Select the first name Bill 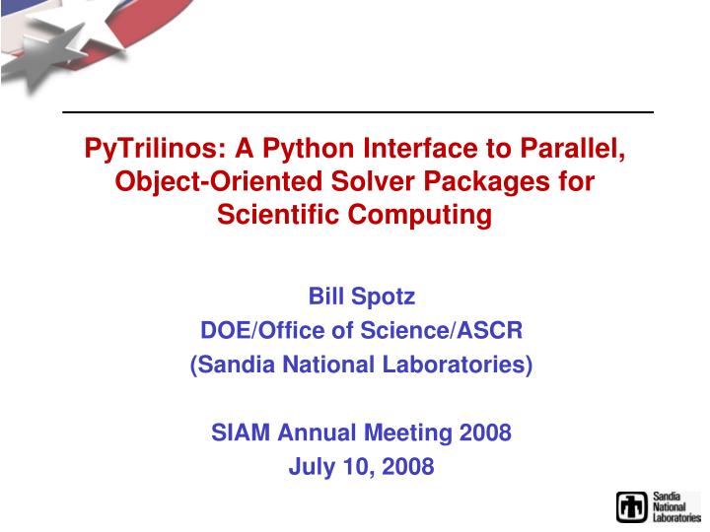[x=328, y=296]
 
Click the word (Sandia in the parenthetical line [x=232, y=366]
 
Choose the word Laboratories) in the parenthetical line [x=466, y=366]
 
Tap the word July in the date [x=309, y=466]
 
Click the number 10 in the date [x=353, y=466]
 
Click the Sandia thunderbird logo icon [x=632, y=505]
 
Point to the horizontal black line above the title [x=358, y=112]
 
